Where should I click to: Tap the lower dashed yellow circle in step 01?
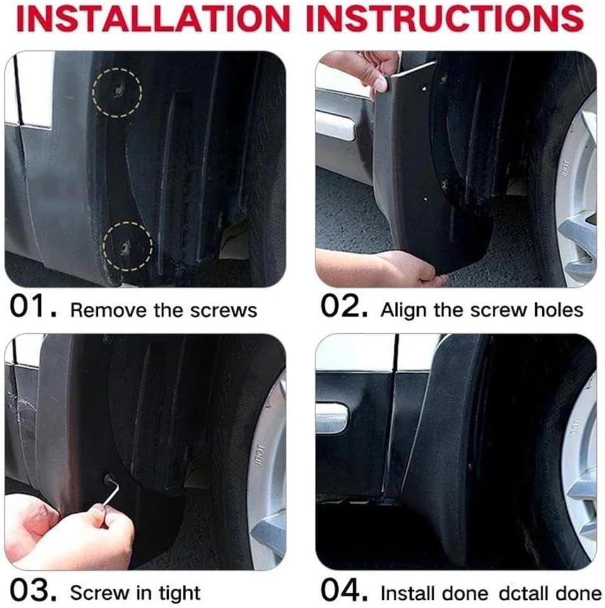pyautogui.click(x=127, y=245)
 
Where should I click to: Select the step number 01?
pyautogui.click(x=33, y=308)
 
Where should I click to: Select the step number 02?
pyautogui.click(x=344, y=308)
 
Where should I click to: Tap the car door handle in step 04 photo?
pyautogui.click(x=331, y=418)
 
